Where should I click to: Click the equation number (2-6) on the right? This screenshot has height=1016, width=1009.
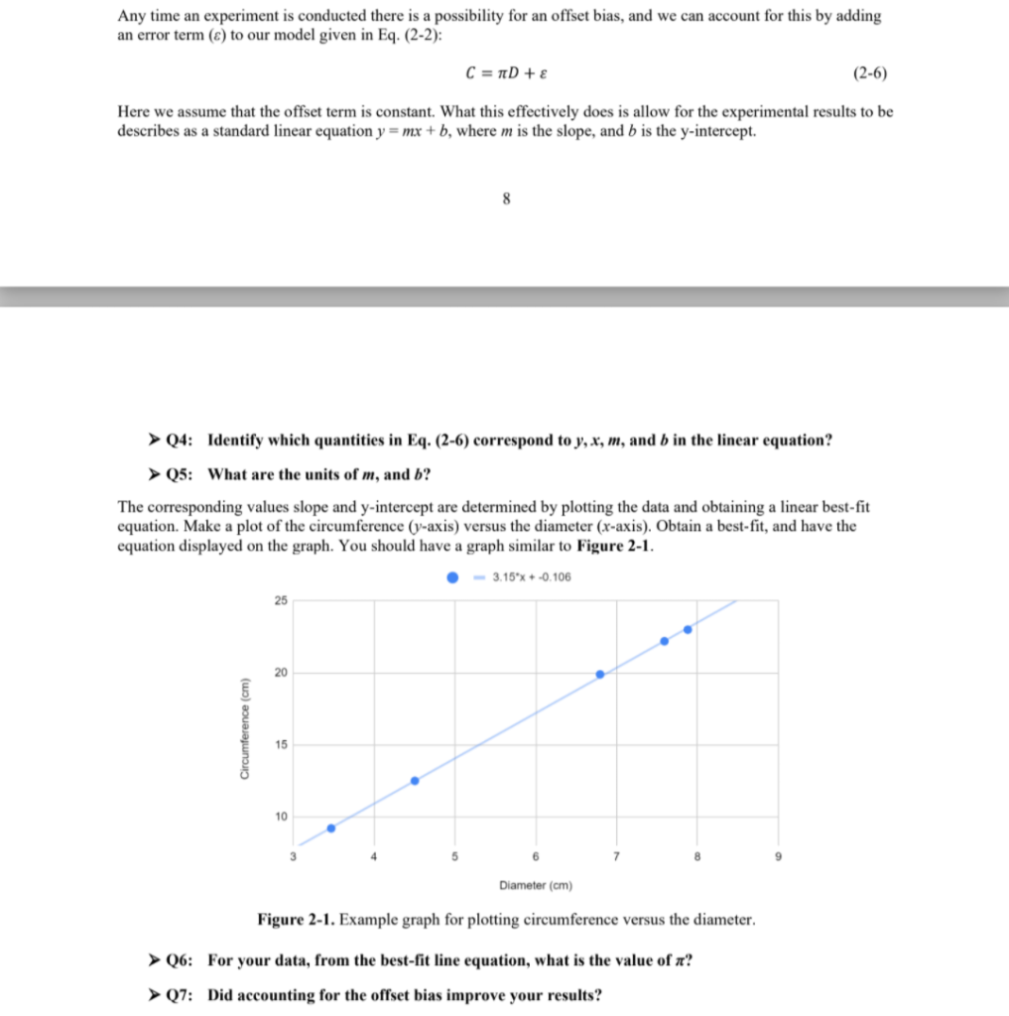[x=870, y=73]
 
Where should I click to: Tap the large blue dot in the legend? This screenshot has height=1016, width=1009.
[x=452, y=577]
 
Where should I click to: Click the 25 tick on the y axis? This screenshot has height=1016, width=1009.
[x=281, y=600]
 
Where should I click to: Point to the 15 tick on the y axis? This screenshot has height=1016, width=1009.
[x=281, y=744]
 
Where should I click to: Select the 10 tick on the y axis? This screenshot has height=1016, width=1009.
[x=281, y=817]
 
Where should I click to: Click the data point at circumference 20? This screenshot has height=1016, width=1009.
[x=600, y=674]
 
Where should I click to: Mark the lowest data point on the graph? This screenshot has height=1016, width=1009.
[x=331, y=827]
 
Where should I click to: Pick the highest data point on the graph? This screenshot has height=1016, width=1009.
[x=688, y=629]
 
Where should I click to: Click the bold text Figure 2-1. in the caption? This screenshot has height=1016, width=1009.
[x=296, y=920]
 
